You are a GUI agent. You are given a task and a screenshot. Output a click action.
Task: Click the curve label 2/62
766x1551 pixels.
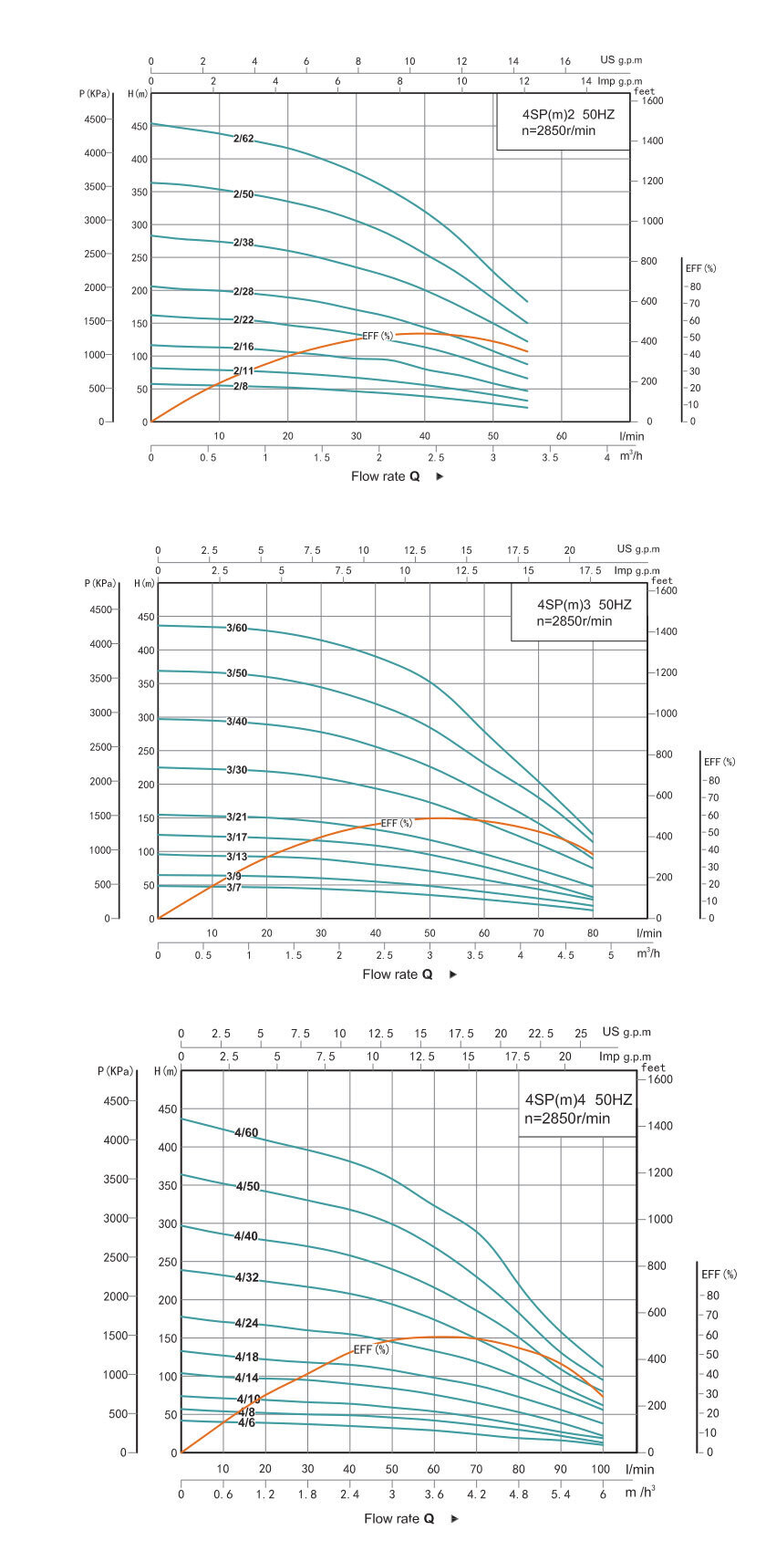(x=243, y=139)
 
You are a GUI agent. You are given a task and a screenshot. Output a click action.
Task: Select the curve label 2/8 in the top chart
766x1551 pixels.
(x=241, y=387)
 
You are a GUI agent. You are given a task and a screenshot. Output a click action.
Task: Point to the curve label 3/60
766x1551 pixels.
(x=236, y=628)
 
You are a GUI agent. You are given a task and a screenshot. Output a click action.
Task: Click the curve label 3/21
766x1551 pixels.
(x=236, y=817)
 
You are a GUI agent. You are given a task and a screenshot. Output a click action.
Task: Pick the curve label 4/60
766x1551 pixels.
(x=246, y=1133)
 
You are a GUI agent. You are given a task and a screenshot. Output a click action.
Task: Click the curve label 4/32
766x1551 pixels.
(x=247, y=1277)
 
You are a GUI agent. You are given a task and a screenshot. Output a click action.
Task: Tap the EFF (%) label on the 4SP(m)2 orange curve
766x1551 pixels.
(x=378, y=336)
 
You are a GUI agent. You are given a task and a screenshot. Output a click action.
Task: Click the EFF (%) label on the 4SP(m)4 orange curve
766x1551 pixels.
(x=371, y=1348)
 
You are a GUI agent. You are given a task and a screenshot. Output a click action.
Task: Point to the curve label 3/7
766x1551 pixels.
(x=234, y=888)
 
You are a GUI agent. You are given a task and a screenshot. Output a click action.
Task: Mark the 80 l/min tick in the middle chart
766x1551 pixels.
(x=593, y=933)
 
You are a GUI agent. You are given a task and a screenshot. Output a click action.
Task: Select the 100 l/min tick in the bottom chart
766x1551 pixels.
(x=600, y=1469)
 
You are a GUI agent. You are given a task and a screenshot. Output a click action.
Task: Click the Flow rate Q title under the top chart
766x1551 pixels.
(x=386, y=476)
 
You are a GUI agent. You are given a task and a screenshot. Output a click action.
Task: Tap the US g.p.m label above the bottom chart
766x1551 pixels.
(x=626, y=1032)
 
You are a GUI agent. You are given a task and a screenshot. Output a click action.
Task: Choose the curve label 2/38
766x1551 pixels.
(x=243, y=243)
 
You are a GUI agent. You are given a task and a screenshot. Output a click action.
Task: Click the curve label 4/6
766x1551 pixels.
(x=246, y=1422)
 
